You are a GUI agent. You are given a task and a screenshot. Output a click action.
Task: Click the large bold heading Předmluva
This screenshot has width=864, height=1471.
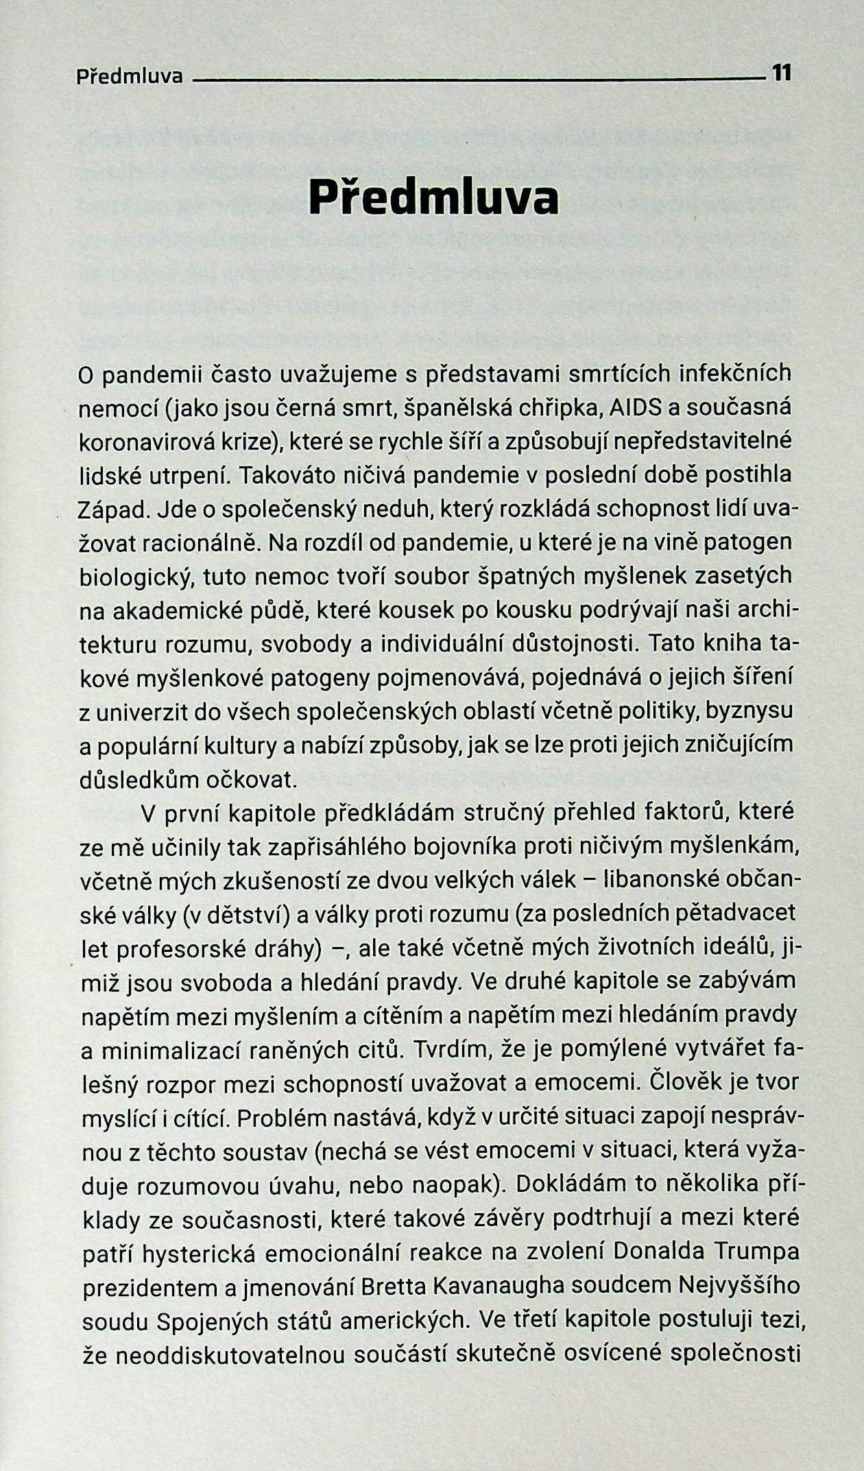coord(433,198)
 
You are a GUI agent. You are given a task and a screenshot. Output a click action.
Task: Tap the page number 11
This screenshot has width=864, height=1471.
coord(782,73)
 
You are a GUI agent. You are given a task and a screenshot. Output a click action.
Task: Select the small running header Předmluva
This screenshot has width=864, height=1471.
coord(130,75)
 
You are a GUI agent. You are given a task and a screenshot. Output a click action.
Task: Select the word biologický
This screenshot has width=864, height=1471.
coord(135,577)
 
